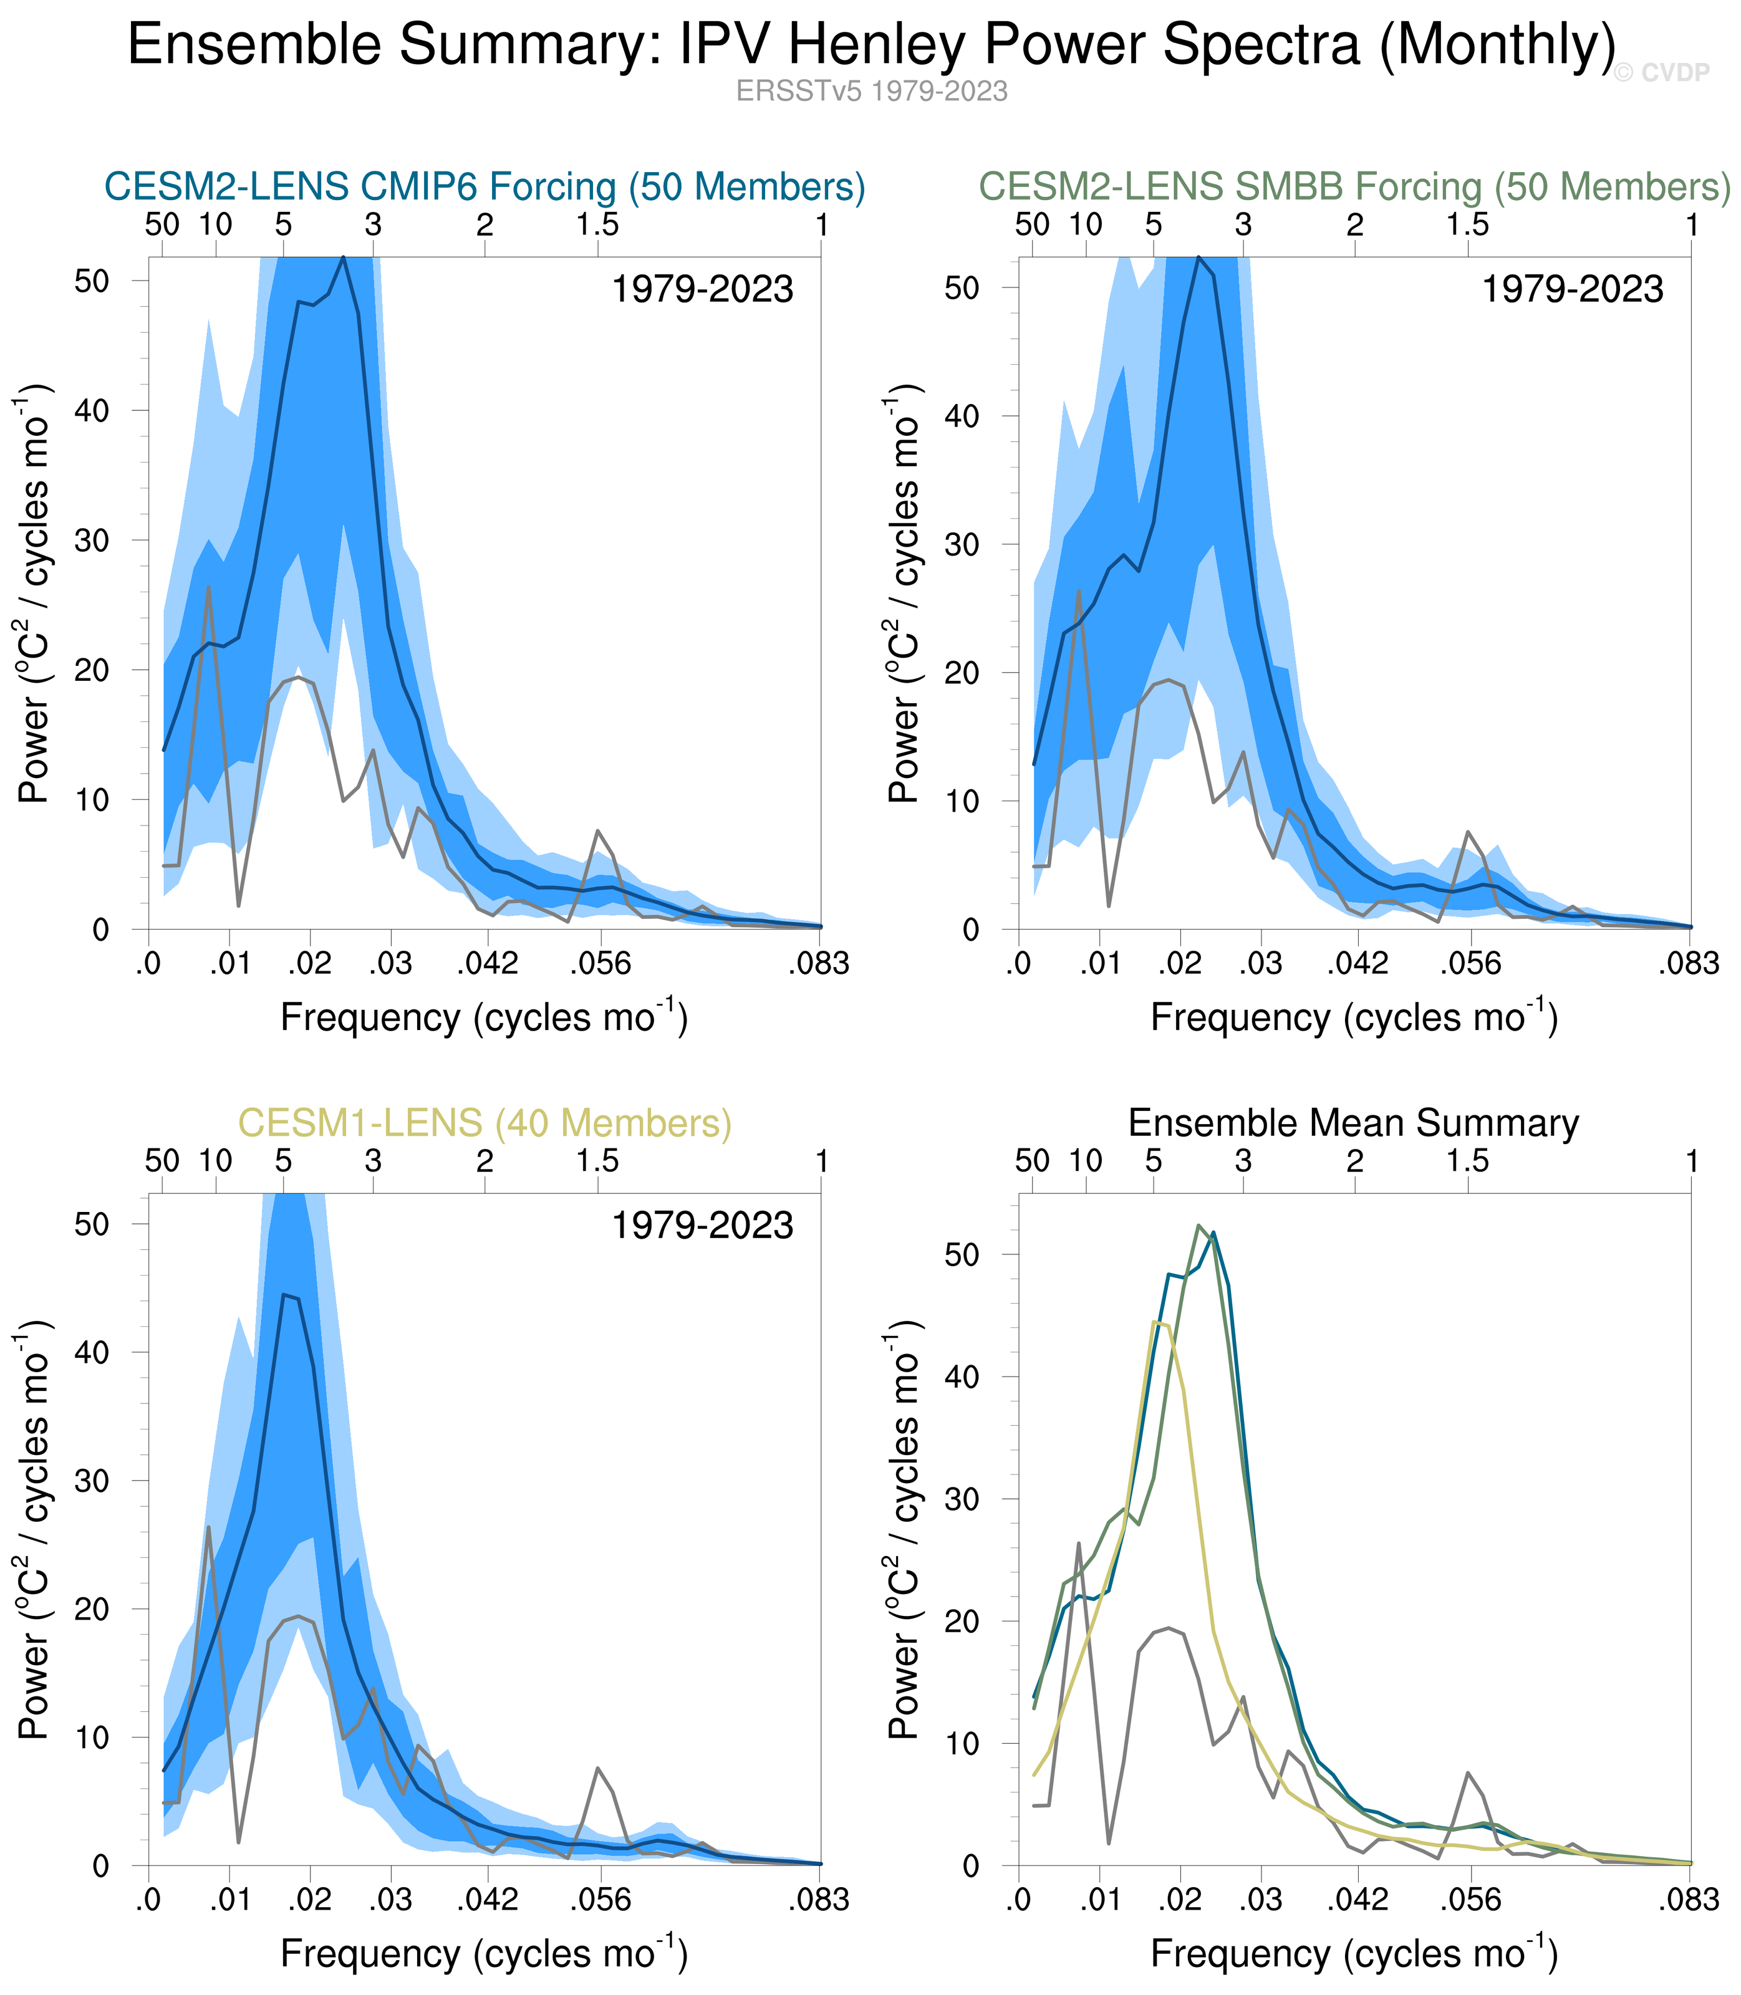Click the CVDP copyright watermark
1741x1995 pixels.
1661,73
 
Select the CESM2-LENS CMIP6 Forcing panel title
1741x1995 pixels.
485,186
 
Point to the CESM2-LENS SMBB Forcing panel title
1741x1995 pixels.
1353,186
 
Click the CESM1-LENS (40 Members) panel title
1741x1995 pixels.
485,1123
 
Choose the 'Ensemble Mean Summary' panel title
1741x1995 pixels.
1353,1123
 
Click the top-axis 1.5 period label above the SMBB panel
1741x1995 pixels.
1467,225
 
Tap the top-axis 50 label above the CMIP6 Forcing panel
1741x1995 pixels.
162,225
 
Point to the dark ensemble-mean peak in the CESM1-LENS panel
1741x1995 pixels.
284,1295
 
